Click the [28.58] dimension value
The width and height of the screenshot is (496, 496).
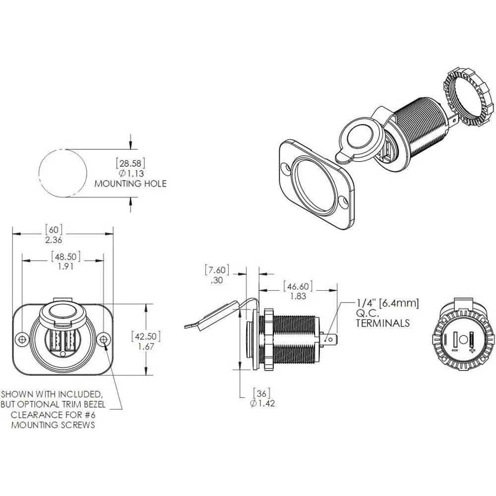tap(130, 164)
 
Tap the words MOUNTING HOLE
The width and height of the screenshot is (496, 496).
tap(130, 184)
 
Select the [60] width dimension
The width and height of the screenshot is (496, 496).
tap(54, 229)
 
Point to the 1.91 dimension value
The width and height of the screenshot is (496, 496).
tap(65, 266)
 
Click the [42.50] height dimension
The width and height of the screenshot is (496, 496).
tap(146, 336)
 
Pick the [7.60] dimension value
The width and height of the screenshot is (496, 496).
tap(217, 270)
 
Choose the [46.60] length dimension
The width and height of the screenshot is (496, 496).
tap(298, 286)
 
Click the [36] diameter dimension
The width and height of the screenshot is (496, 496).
tap(261, 393)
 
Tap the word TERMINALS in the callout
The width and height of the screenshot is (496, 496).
tap(383, 323)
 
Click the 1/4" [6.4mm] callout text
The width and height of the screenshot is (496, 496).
tap(388, 303)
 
